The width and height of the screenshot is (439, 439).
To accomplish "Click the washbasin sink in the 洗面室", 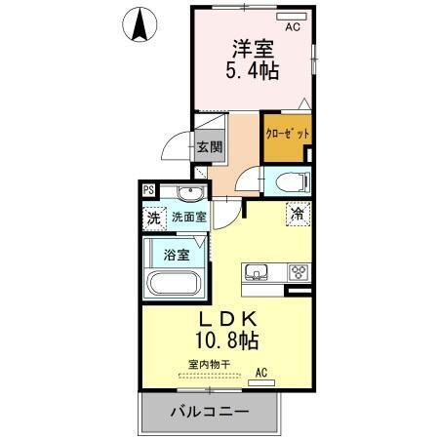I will point(190,192).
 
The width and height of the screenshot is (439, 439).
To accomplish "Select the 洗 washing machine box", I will point(154,219).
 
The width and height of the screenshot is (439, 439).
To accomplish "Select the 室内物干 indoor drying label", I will point(208,365).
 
